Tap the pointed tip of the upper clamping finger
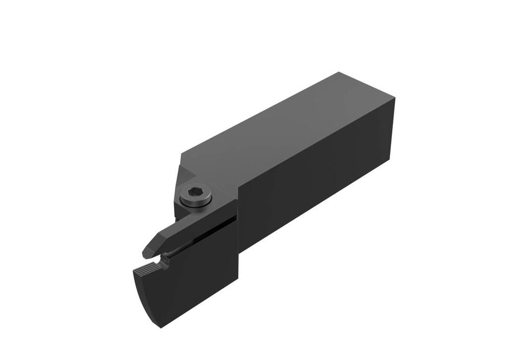click(x=145, y=254)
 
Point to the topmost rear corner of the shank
click(x=339, y=72)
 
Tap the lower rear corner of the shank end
click(x=389, y=160)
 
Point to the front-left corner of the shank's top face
click(x=181, y=154)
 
